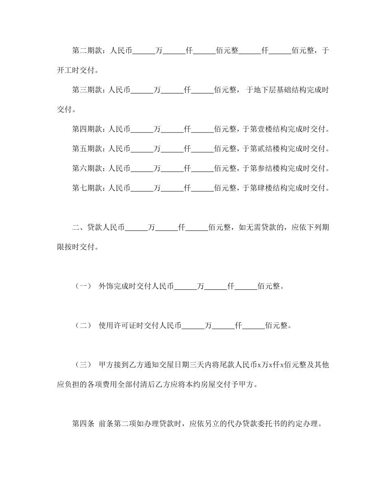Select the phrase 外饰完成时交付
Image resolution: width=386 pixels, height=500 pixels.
125,286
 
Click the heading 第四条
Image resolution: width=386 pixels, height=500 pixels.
83,424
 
